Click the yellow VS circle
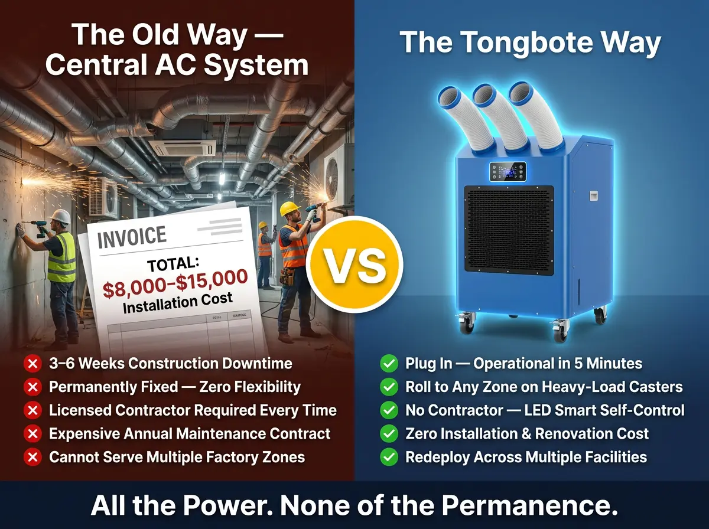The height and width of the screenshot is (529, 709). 354,264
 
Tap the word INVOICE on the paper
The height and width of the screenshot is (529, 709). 132,237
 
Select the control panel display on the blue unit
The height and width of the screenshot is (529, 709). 508,172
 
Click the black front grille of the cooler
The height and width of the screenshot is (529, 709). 509,230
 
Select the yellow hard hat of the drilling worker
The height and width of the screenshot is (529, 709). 289,209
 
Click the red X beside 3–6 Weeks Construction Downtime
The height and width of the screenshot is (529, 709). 32,364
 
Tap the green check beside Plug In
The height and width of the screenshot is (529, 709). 389,364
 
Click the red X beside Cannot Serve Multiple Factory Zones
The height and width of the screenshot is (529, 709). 32,458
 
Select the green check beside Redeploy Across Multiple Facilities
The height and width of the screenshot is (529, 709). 389,458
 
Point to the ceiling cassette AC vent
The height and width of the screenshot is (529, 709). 186,148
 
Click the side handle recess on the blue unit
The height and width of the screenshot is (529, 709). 594,195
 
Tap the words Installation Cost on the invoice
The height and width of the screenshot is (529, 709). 178,303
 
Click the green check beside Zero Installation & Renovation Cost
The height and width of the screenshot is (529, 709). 389,434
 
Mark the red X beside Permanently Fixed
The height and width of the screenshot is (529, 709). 32,387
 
